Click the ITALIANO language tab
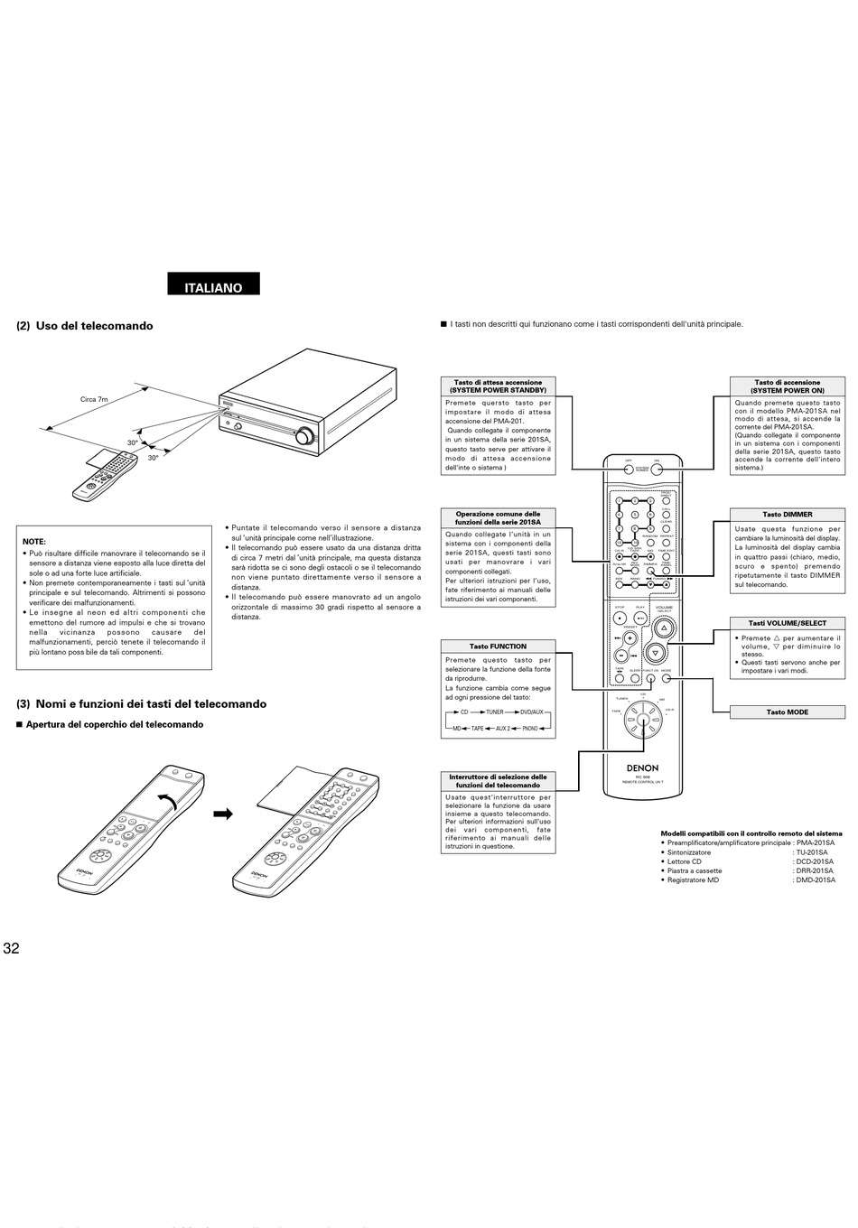[x=213, y=287]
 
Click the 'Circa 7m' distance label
[x=94, y=398]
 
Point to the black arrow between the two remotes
[x=222, y=814]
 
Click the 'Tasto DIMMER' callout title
[x=787, y=515]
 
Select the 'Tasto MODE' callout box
[x=787, y=712]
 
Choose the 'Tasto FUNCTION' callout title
[x=498, y=647]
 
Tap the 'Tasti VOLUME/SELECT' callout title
[x=787, y=623]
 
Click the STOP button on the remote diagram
[x=620, y=618]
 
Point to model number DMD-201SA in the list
[x=815, y=879]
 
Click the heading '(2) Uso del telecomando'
[x=85, y=326]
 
